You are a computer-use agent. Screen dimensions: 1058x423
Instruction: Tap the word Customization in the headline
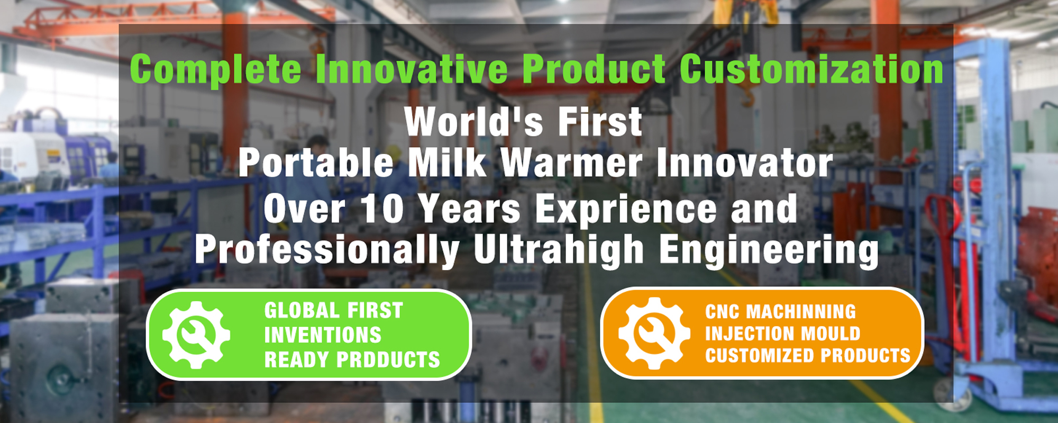point(811,69)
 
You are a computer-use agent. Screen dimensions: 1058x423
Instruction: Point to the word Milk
point(448,163)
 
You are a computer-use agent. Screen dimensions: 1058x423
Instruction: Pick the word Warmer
point(571,163)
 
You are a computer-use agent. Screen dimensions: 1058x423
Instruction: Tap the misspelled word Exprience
point(626,209)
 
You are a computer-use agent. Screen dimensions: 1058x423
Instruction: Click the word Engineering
point(769,250)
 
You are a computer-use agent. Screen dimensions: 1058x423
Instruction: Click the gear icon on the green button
point(196,335)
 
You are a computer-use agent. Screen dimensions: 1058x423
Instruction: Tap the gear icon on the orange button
point(654,333)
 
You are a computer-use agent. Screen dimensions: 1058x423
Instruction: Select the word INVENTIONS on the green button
point(323,335)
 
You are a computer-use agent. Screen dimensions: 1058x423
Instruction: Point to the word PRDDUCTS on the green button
point(389,360)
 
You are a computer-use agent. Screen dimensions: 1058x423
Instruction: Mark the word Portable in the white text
point(316,163)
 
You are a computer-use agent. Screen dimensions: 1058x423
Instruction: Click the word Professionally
point(327,250)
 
